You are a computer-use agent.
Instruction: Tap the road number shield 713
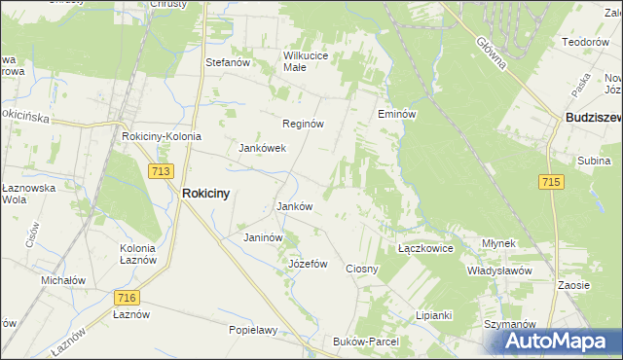[162, 171]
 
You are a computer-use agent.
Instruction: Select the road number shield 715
[550, 182]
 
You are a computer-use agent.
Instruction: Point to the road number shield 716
[126, 298]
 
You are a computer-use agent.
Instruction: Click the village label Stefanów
[228, 63]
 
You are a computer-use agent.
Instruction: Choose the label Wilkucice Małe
[307, 61]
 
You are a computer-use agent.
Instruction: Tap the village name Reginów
[303, 125]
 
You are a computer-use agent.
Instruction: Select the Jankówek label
[262, 149]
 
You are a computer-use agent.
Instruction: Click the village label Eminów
[397, 114]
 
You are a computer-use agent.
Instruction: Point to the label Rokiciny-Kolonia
[161, 137]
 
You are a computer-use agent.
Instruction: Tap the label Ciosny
[362, 268]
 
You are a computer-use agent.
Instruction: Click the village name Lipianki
[434, 315]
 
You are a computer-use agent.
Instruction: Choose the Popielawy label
[253, 330]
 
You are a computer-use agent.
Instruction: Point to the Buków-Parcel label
[366, 342]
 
